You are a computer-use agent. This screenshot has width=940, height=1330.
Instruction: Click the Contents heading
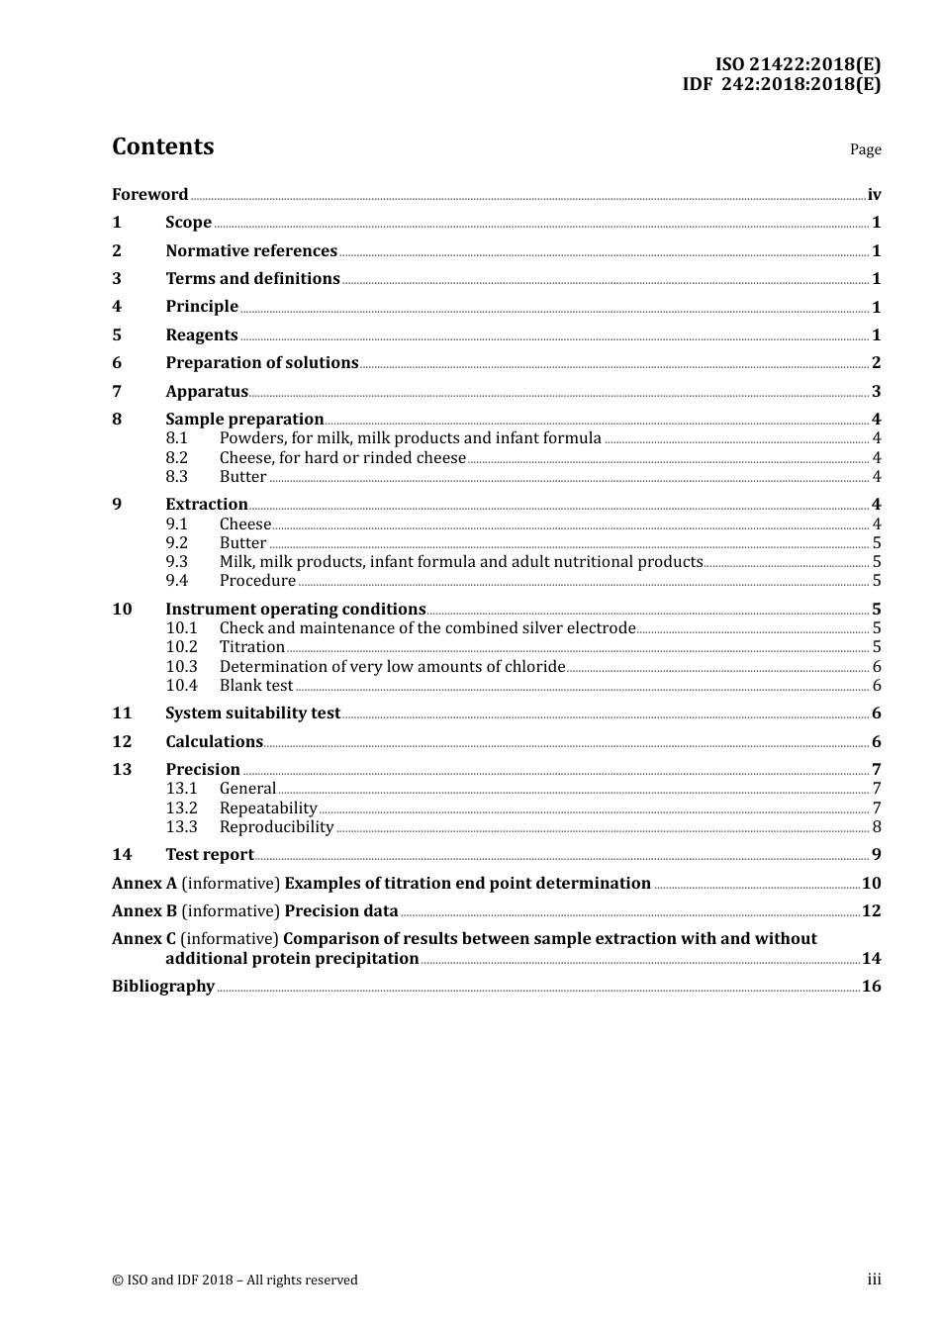coord(162,146)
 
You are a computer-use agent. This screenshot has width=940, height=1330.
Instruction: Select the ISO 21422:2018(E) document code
coord(798,65)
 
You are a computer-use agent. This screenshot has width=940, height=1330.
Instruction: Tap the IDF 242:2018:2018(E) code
coord(781,84)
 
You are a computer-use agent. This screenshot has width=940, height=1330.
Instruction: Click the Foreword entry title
coord(149,194)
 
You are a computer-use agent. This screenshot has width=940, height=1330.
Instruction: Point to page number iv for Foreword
coord(874,194)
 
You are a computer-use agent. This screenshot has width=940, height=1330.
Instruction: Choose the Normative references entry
coord(251,250)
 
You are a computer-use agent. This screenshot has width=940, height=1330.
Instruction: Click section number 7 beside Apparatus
coord(117,391)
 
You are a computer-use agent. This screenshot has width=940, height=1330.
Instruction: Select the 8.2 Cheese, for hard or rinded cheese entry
coord(341,457)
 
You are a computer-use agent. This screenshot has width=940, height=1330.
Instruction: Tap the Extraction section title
coord(206,504)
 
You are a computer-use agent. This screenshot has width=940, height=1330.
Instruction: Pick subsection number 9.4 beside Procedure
coord(176,581)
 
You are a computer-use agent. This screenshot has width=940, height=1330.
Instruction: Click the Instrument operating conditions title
coord(295,609)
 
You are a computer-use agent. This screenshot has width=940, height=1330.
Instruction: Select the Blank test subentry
coord(255,685)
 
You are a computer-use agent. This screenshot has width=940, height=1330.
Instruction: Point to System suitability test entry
coord(252,712)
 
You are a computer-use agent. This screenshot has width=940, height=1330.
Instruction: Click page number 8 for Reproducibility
coord(877,827)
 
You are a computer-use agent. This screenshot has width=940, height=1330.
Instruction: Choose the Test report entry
coord(209,854)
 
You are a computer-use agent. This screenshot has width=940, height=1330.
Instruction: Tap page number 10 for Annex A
coord(871,883)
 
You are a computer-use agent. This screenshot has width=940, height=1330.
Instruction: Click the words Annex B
coord(144,910)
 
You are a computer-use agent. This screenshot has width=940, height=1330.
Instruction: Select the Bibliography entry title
coord(163,986)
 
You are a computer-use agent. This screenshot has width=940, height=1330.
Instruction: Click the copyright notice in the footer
coord(235,1280)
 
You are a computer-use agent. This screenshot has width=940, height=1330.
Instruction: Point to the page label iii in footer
coord(874,1280)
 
